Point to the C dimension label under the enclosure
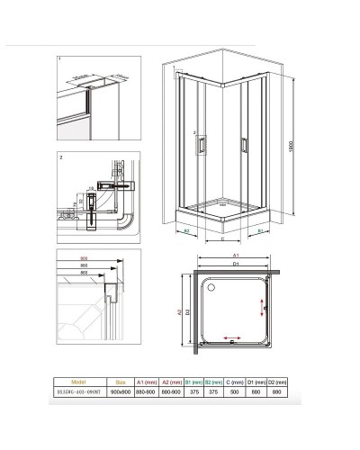click(222, 240)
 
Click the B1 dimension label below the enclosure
click(259, 231)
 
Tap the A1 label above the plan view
click(236, 256)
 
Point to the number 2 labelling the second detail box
click(59, 157)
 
